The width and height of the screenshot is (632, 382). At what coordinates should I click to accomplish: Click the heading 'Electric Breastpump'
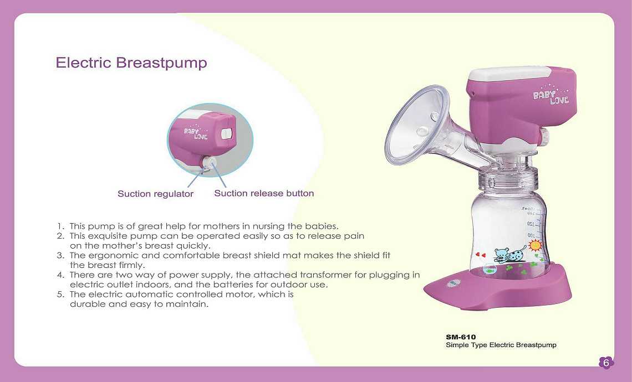(131, 63)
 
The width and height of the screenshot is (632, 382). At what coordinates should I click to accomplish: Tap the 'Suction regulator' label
(156, 194)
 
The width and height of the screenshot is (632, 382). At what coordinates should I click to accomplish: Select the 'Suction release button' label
(264, 193)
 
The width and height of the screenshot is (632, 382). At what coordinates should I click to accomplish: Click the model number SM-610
(461, 337)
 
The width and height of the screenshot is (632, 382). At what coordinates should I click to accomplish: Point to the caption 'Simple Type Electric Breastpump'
(501, 345)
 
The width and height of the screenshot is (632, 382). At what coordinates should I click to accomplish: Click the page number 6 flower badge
(606, 362)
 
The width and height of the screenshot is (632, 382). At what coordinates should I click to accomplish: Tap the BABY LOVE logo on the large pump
(551, 95)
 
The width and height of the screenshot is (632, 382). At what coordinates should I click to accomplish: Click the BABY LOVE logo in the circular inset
(196, 132)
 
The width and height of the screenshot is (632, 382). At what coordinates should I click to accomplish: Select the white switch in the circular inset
(227, 133)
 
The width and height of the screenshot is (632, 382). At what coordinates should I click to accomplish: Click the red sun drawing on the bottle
(536, 245)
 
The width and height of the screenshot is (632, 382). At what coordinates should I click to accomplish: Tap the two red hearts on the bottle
(481, 255)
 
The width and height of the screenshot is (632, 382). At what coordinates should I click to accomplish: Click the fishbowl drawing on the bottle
(490, 269)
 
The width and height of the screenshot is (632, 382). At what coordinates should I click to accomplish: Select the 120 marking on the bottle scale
(531, 224)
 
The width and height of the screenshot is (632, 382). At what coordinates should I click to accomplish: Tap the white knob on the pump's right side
(544, 136)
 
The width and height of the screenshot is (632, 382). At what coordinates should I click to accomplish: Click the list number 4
(60, 275)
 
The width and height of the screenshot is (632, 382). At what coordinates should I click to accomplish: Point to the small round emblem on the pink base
(451, 284)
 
